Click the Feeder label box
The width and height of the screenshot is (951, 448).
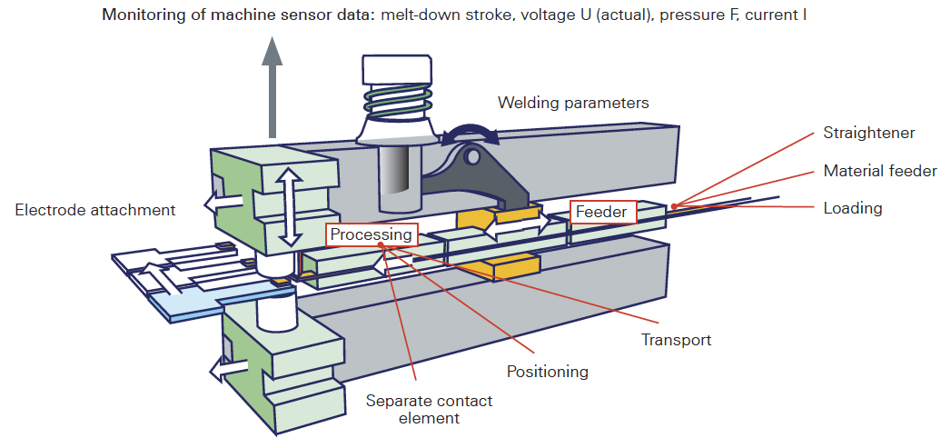(603, 212)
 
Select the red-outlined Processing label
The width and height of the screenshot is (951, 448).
(371, 234)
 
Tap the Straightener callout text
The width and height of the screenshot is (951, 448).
(868, 133)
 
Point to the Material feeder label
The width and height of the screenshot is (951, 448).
(880, 171)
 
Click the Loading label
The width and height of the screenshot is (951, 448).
(853, 208)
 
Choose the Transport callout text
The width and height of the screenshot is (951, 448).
(677, 339)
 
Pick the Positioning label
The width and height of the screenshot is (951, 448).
(548, 371)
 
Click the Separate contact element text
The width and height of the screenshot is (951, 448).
(429, 409)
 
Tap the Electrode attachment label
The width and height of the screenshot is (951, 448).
(95, 210)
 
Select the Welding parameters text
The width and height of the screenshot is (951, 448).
(573, 103)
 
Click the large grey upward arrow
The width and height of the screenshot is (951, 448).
(272, 87)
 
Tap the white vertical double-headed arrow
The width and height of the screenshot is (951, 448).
(291, 206)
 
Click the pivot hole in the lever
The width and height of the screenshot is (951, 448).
(471, 157)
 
